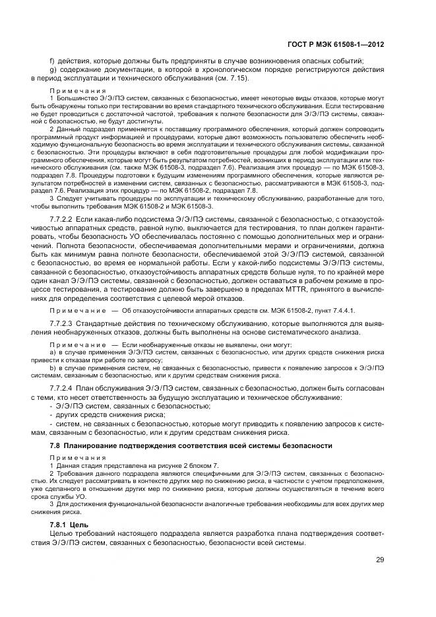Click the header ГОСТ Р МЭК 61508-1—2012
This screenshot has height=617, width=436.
pyautogui.click(x=346, y=44)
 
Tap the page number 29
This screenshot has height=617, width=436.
pyautogui.click(x=380, y=560)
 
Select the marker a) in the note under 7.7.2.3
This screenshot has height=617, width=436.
pyautogui.click(x=53, y=353)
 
